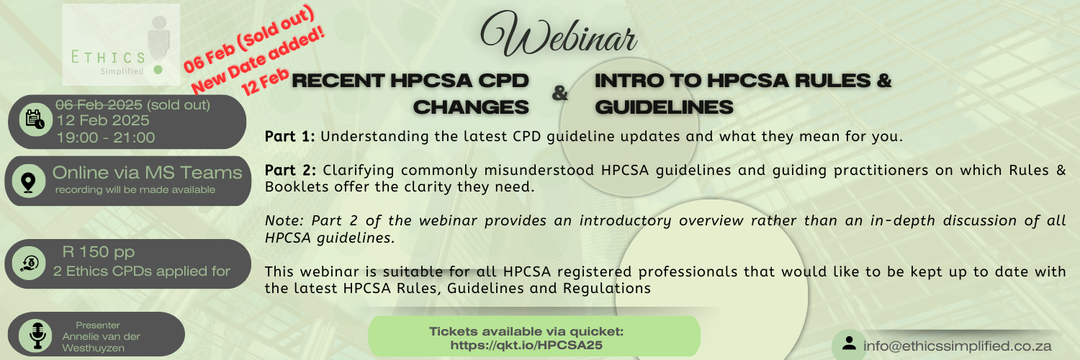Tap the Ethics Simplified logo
click(120, 45)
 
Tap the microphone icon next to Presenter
click(37, 335)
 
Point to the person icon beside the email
click(849, 344)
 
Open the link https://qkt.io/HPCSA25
click(526, 345)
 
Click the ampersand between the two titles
click(559, 94)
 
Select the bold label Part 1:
click(289, 136)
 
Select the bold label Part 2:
click(289, 171)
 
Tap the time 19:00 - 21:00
click(105, 137)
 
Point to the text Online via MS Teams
click(147, 173)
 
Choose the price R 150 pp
click(99, 252)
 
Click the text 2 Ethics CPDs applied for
click(142, 271)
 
